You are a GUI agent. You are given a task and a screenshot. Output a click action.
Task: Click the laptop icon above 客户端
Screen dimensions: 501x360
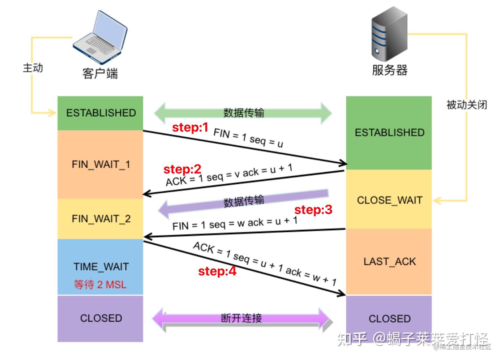pos(100,37)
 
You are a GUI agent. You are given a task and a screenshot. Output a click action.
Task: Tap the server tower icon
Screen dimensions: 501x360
pos(389,34)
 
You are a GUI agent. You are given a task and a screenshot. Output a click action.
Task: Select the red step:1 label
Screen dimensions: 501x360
pos(190,128)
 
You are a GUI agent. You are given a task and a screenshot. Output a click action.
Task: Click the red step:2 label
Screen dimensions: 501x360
pos(183,169)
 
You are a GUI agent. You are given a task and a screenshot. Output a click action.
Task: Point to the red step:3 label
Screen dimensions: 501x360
pos(313,210)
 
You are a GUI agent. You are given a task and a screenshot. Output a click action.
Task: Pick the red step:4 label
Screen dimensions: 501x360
pos(217,271)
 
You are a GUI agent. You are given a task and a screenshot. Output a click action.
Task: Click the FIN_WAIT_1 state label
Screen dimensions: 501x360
pos(101,165)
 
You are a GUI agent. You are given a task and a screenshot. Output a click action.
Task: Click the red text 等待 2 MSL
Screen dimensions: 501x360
pos(100,285)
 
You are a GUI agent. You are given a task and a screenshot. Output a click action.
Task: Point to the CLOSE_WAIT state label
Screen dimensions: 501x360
pos(390,200)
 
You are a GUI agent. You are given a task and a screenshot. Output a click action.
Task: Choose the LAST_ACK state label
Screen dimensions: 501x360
pos(390,262)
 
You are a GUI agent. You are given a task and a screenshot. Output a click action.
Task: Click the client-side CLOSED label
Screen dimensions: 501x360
pos(101,318)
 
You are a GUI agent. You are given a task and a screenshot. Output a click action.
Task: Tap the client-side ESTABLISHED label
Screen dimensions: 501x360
pos(101,113)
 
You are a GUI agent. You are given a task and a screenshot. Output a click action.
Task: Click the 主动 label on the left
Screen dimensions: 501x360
pos(33,68)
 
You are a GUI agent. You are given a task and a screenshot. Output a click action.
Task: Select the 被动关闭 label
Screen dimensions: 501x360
pos(467,105)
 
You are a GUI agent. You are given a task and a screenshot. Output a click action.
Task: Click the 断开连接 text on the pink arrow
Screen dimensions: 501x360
pos(241,318)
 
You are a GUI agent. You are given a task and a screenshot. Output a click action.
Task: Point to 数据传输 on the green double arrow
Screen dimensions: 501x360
pos(244,113)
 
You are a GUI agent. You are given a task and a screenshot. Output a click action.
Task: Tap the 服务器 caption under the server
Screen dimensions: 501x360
pos(390,70)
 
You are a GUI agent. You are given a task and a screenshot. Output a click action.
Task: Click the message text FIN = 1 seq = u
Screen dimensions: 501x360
pos(248,138)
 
